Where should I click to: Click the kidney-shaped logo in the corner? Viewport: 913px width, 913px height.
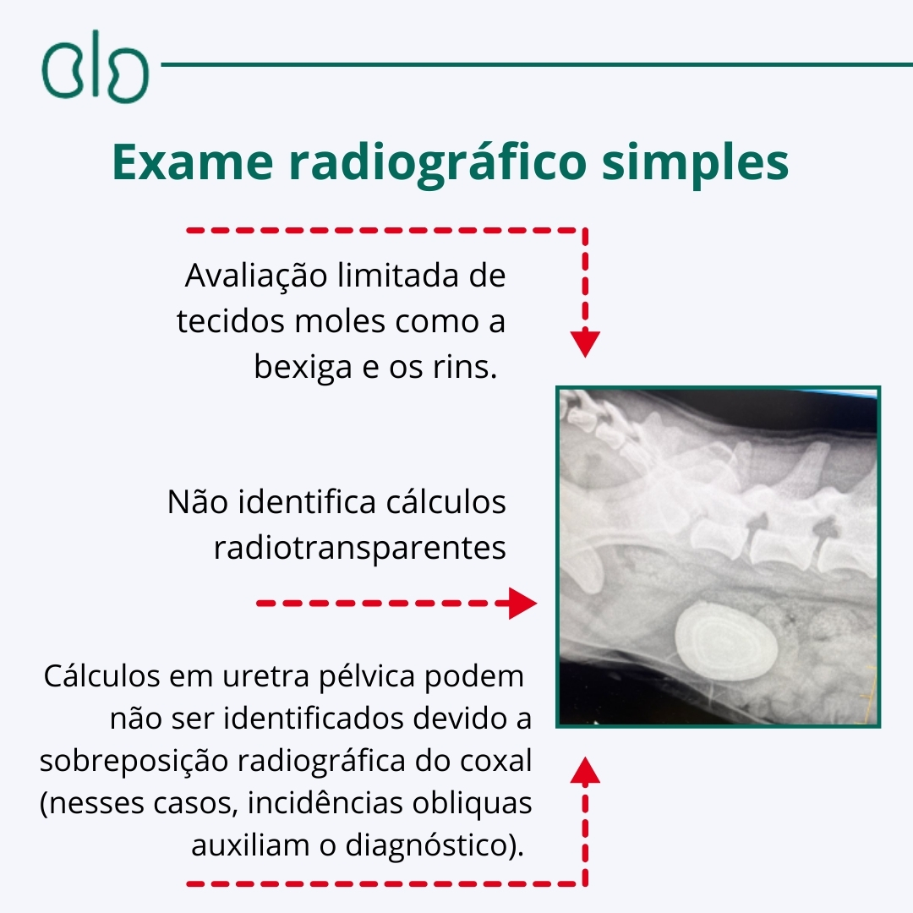click(95, 67)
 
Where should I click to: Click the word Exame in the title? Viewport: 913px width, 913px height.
click(193, 161)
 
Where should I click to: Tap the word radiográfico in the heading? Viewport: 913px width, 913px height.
click(438, 165)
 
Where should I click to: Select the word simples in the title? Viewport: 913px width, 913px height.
click(695, 165)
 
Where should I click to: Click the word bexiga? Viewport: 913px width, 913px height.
click(303, 367)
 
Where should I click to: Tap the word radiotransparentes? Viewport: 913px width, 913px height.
click(360, 548)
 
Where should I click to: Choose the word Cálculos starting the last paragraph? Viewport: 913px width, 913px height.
click(102, 676)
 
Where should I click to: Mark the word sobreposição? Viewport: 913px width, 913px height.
click(134, 762)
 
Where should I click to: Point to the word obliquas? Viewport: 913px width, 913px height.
click(473, 804)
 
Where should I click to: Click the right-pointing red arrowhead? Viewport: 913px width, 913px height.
click(522, 604)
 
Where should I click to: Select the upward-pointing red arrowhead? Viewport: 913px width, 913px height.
click(585, 770)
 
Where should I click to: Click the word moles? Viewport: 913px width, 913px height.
click(340, 321)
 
